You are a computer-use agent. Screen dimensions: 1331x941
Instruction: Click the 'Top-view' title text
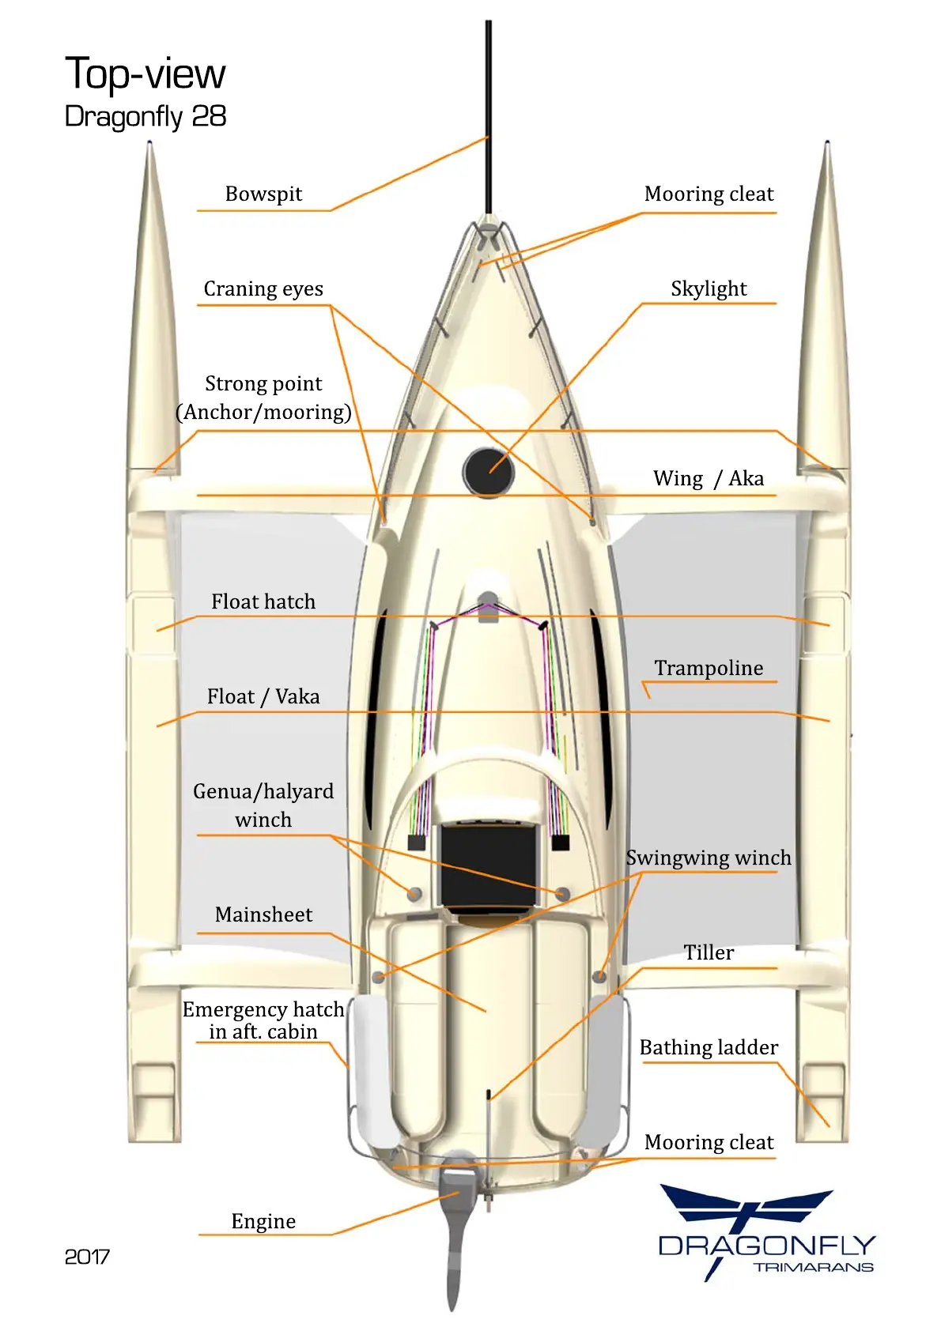click(145, 74)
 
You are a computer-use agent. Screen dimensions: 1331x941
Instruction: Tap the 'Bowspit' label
click(263, 194)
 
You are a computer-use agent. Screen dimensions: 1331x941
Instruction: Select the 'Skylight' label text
click(709, 288)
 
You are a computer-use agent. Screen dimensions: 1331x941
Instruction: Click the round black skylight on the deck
click(488, 471)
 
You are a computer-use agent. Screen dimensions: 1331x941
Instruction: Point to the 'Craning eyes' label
click(263, 288)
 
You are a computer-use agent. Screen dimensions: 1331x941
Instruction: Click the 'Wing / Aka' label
click(709, 478)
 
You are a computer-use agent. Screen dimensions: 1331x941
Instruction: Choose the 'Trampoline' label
click(709, 668)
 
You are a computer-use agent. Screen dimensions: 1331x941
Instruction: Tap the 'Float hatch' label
click(263, 601)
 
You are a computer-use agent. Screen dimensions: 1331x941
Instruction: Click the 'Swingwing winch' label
click(709, 858)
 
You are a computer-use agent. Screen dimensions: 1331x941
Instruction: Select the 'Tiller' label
click(709, 952)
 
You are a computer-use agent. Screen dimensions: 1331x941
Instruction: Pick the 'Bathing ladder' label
click(709, 1047)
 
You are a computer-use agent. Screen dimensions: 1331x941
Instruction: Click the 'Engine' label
click(263, 1221)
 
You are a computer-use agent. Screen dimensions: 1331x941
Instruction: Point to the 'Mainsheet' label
click(263, 914)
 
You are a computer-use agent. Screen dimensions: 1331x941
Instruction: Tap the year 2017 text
click(87, 1257)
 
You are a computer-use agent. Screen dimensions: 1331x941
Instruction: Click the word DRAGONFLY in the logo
click(766, 1246)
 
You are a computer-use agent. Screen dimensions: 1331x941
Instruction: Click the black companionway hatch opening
click(488, 865)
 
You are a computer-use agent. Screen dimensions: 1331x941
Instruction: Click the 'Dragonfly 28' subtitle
click(145, 116)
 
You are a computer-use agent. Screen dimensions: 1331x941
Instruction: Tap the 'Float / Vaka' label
click(263, 696)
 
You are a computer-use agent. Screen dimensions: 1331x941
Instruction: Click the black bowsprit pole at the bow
click(489, 119)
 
